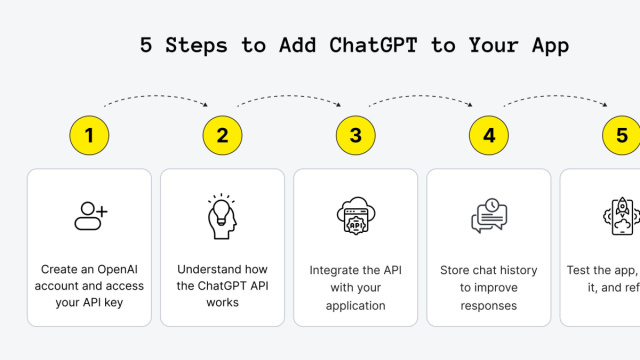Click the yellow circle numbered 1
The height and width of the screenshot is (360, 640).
tap(89, 136)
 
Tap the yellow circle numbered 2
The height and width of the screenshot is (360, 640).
tap(222, 136)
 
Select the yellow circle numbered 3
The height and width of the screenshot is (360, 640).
tap(355, 136)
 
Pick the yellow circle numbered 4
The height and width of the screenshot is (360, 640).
tap(488, 136)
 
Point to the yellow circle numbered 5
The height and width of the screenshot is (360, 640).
tap(621, 136)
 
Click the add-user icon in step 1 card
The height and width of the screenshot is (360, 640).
tap(90, 215)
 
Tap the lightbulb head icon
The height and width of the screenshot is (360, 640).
tap(222, 216)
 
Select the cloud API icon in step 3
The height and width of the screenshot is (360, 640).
tap(355, 216)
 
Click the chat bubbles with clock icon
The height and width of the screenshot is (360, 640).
tap(489, 216)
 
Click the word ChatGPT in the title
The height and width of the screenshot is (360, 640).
tap(341, 45)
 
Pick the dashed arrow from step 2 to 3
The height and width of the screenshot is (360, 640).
tap(289, 97)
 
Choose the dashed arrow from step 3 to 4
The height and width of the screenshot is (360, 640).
tap(422, 97)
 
